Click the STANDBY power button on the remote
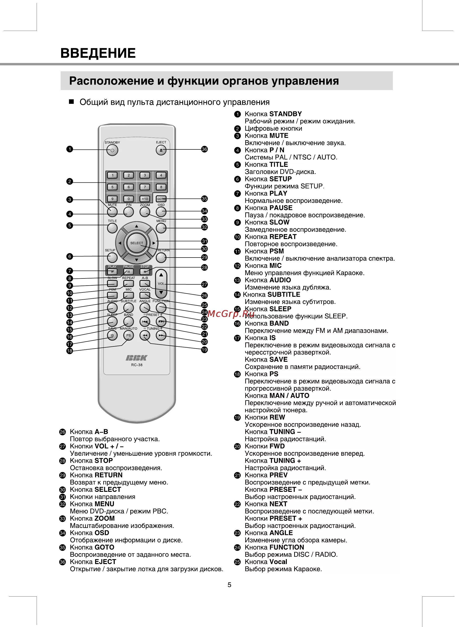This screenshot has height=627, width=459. tap(112, 150)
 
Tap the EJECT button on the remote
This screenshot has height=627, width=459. tap(161, 150)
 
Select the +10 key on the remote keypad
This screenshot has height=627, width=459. tap(145, 199)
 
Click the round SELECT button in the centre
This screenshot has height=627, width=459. tap(137, 243)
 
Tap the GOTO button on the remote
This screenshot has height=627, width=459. tap(161, 199)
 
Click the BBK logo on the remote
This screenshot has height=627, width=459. tap(137, 358)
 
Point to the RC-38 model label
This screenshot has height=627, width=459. tap(137, 365)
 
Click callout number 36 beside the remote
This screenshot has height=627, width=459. tap(205, 149)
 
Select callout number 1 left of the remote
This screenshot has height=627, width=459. tap(69, 149)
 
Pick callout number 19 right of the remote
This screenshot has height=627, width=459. tap(205, 350)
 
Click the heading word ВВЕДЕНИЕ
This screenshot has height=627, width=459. tap(98, 53)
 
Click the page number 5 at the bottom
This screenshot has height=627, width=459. tap(229, 585)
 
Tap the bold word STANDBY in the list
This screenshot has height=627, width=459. tap(285, 114)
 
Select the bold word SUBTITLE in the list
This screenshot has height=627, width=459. tap(284, 294)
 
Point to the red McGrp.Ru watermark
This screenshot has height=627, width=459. tap(231, 314)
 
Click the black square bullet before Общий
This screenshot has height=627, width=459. tap(71, 102)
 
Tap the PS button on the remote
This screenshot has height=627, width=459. tap(128, 335)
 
